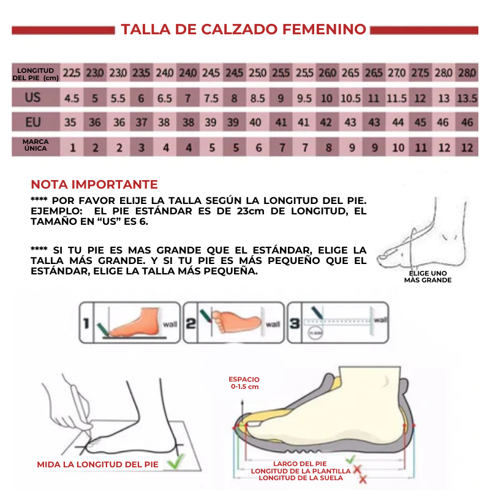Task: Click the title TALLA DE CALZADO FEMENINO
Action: [243, 29]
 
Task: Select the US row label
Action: [34, 97]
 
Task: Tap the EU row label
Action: [34, 122]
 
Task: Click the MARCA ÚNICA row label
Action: [35, 145]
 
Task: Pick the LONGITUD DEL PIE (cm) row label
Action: [36, 73]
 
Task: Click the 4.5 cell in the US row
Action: [72, 98]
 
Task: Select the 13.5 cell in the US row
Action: [467, 98]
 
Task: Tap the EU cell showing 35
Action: [71, 123]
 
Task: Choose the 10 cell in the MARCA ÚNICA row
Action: [398, 148]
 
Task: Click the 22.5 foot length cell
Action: [72, 73]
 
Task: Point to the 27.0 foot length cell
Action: [397, 73]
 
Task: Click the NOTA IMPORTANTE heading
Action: [94, 184]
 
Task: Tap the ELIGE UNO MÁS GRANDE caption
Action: [428, 276]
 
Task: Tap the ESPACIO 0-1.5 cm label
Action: [244, 383]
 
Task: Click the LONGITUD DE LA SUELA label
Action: [303, 478]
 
